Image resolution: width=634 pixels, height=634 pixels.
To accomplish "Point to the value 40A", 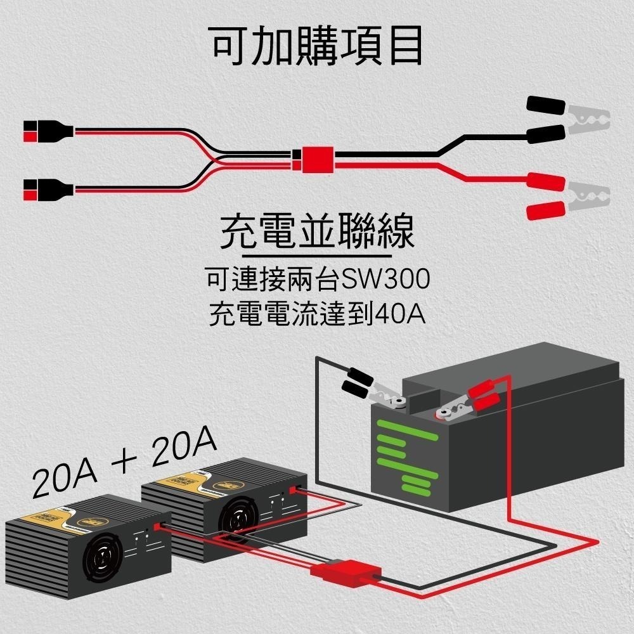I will pos(399,314).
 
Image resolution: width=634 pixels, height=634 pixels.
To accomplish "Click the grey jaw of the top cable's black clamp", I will pos(588,118).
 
